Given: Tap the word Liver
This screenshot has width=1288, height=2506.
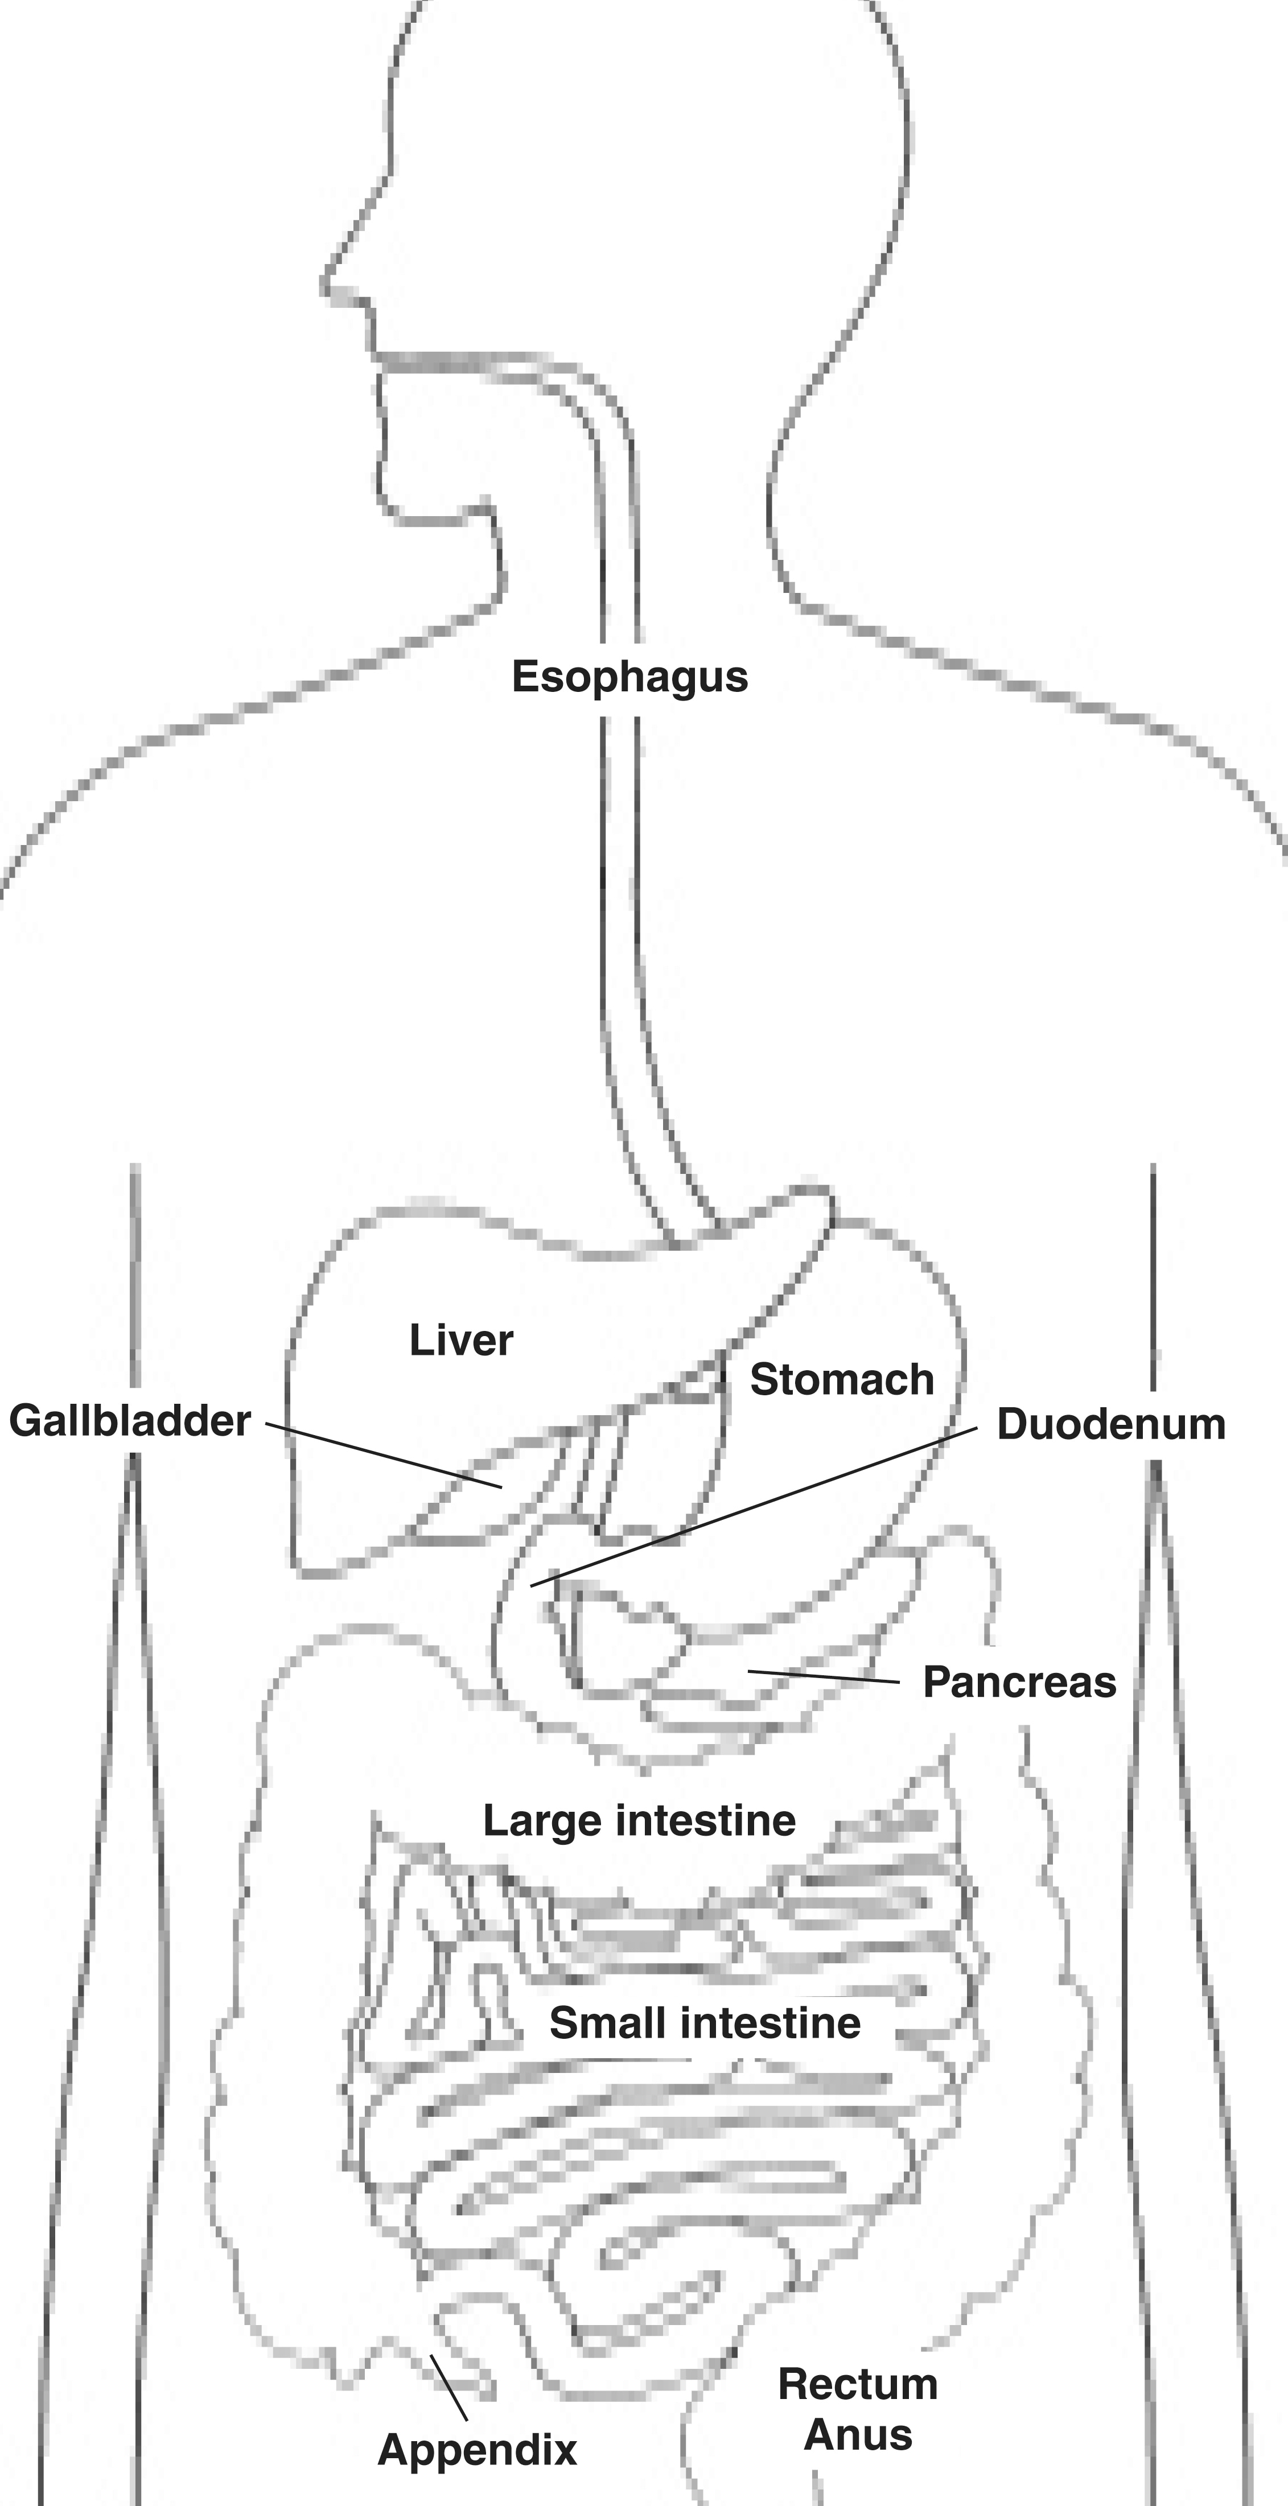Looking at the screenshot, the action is pos(461,1341).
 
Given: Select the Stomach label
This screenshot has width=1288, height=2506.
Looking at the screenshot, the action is pos(841,1379).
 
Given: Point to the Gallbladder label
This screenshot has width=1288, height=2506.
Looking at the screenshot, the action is pos(129,1421).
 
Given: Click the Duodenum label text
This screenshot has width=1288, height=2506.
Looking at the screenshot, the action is pos(1111,1424).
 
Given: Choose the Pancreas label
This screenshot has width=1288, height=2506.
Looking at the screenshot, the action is pos(1019,1682).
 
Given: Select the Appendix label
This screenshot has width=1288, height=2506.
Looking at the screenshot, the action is pos(477,2451).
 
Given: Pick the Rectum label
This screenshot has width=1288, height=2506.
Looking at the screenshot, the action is pos(858,2384).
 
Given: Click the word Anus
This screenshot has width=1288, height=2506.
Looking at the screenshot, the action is pos(859,2435).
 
